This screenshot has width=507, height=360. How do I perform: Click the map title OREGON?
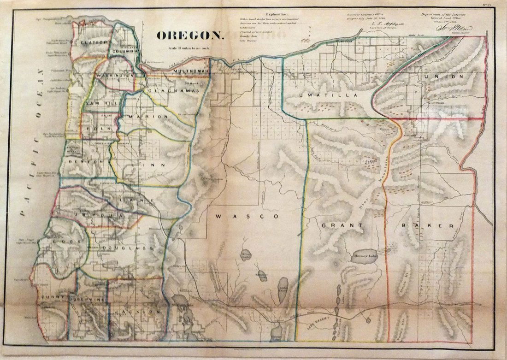coord(190,35)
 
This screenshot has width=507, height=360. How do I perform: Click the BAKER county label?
coord(428,226)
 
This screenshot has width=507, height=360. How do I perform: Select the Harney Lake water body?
coord(367,256)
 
